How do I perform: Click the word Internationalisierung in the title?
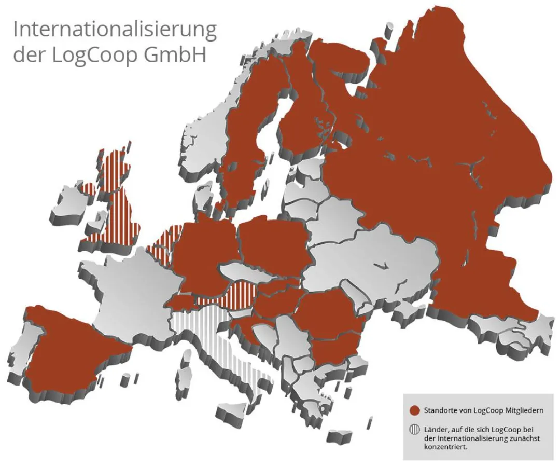(x=115, y=30)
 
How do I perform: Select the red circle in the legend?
(x=414, y=410)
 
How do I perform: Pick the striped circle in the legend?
(x=414, y=431)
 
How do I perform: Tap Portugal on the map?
(x=21, y=353)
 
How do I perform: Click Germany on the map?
(x=202, y=254)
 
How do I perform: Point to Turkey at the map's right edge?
(x=513, y=332)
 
